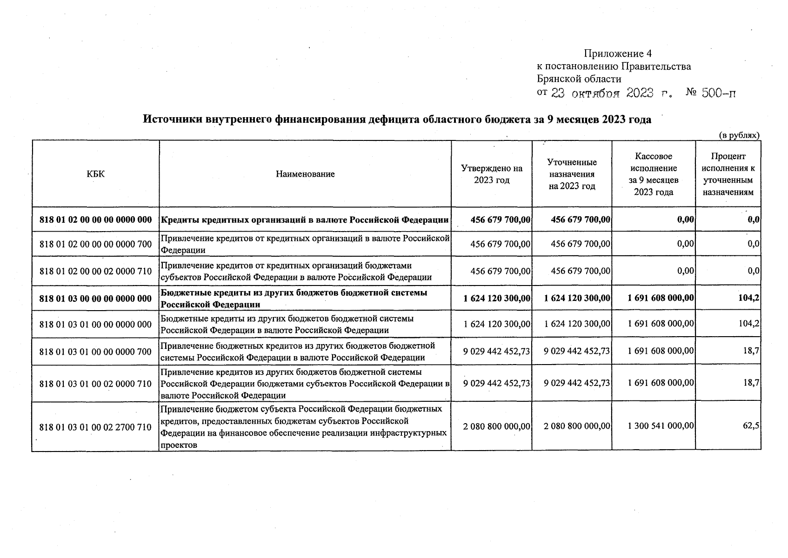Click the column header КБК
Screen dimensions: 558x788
click(95, 174)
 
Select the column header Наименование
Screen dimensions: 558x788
click(305, 174)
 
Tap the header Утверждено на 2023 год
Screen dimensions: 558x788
click(492, 174)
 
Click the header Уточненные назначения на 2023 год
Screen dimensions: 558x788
click(572, 174)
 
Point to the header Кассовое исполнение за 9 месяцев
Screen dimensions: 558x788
click(654, 174)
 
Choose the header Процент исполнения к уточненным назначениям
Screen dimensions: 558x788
click(728, 174)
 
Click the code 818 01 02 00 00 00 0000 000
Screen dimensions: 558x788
click(95, 219)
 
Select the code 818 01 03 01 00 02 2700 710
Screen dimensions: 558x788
click(95, 427)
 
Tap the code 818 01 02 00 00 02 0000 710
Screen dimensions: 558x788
click(95, 271)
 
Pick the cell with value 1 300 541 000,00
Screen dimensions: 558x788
click(661, 425)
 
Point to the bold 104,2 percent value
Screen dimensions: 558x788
click(748, 298)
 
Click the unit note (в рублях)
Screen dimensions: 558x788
click(739, 135)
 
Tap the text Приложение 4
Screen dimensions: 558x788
click(617, 53)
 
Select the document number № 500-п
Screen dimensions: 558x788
click(711, 93)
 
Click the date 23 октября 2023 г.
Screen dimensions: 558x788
click(611, 93)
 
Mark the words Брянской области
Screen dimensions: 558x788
click(579, 79)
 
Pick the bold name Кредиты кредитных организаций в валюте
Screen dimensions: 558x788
click(305, 219)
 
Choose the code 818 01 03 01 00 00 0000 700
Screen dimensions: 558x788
click(95, 352)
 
